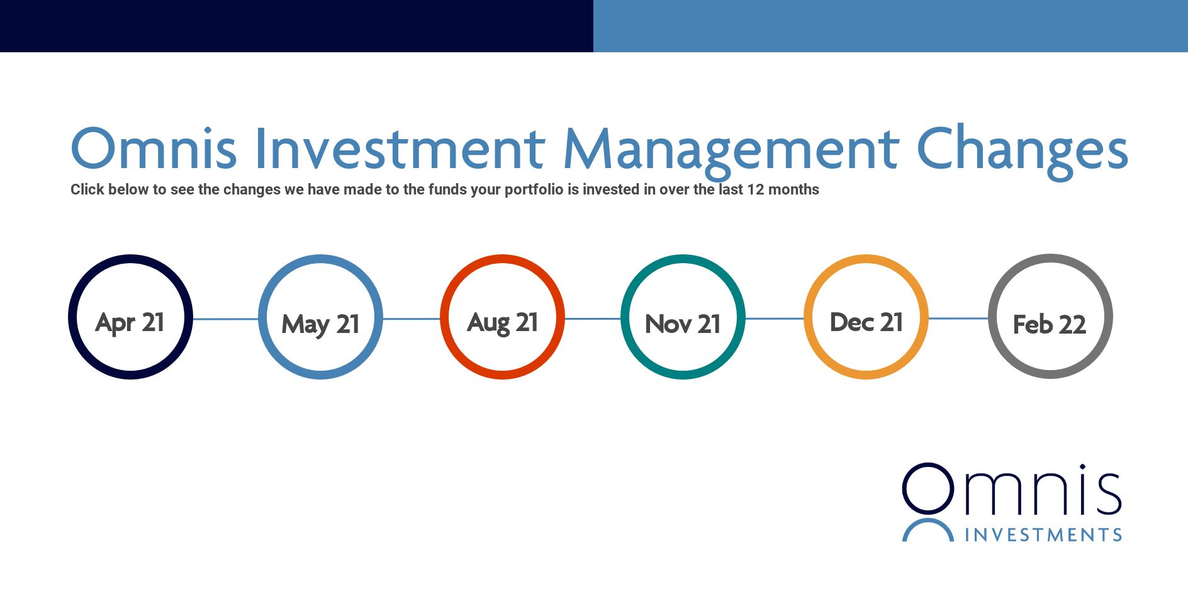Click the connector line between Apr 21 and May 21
[225, 319]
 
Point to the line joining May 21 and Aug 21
[412, 319]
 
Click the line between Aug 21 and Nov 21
[593, 319]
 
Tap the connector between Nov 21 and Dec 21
[775, 319]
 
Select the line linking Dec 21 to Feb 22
[958, 318]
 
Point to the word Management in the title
[731, 154]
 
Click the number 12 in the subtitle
[755, 189]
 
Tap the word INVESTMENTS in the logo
[1044, 535]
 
